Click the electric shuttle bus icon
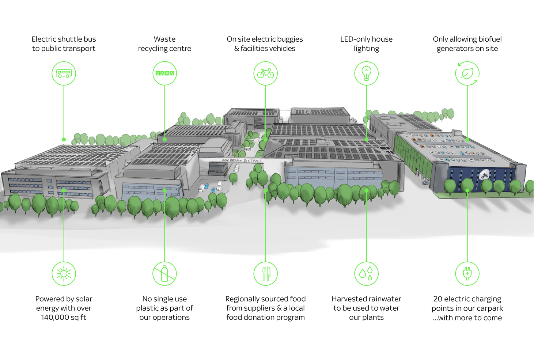tap(64, 73)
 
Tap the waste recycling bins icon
tap(164, 73)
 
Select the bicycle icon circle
tap(266, 73)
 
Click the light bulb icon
tap(366, 73)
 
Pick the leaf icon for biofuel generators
tap(467, 73)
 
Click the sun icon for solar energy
tap(64, 273)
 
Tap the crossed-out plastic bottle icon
tap(164, 273)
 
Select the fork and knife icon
tap(266, 273)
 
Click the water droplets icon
tap(366, 273)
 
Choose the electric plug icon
tap(467, 273)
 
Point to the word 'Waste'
tap(164, 39)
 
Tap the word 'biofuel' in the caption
tap(488, 39)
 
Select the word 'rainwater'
tap(384, 299)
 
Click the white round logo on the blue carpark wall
tap(485, 175)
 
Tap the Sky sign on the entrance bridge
tap(226, 160)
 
